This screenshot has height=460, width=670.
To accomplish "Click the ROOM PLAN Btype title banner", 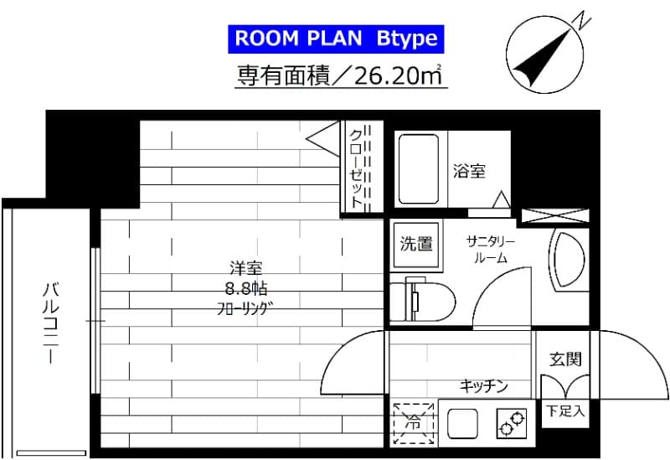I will coord(333,39).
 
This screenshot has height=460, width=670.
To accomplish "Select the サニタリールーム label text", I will coord(491,250).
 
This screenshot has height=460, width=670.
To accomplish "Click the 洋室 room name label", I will coord(247,269).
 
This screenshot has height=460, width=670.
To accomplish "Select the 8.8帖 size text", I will coord(246,289).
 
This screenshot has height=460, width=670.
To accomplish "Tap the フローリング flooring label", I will coord(246,308).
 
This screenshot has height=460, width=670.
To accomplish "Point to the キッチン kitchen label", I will coord(483,386).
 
